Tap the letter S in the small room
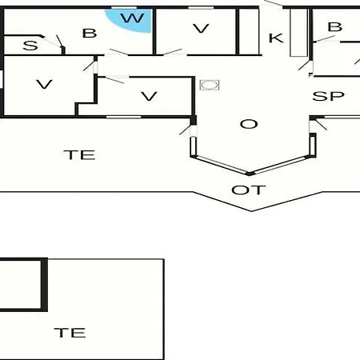point(30,46)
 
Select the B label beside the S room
point(90,34)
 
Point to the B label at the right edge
point(334,27)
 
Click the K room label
point(276,38)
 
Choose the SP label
point(328,96)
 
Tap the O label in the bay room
point(249,124)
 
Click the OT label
point(249,190)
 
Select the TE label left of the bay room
point(79,154)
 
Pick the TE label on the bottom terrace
point(70,333)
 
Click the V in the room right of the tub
point(201,29)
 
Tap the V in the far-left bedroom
point(44,84)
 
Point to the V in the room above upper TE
point(149,96)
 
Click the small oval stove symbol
point(210,86)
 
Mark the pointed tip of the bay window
point(250,174)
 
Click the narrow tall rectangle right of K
point(298,33)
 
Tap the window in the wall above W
point(124,8)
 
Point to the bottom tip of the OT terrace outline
point(252,211)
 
